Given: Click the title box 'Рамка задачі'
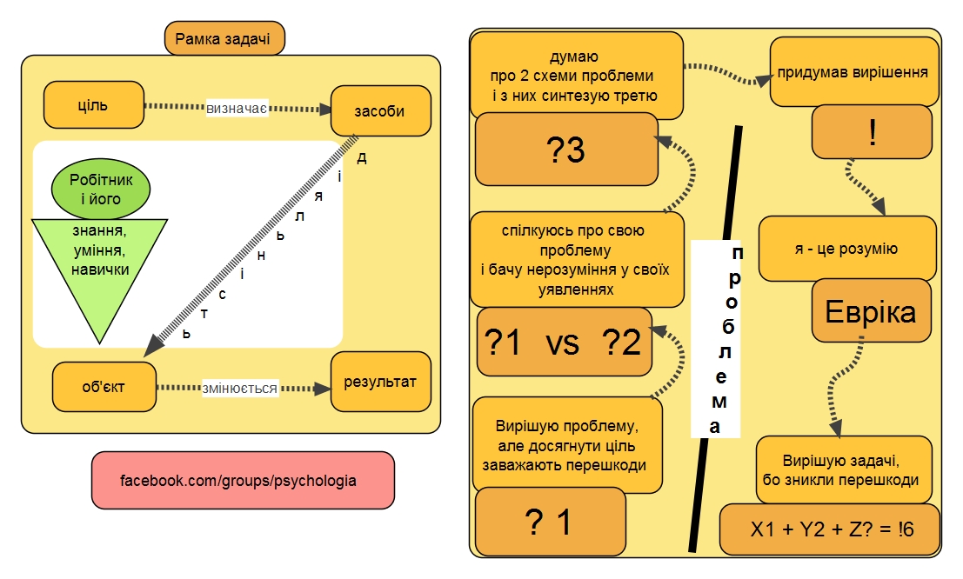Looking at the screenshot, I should (224, 38).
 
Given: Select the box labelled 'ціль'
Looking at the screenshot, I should (93, 105).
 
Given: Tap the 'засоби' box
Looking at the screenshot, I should (380, 110).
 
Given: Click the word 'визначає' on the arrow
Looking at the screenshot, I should (236, 110).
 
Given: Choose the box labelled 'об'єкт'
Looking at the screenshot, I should (104, 387).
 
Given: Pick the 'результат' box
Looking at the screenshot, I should (381, 382).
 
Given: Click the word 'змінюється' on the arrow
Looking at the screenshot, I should (239, 389).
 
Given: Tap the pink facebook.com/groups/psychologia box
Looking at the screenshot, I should (243, 479).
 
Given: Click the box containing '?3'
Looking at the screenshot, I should (565, 150).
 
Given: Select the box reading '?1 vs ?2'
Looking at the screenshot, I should (565, 343).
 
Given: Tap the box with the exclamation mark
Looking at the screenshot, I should (871, 132).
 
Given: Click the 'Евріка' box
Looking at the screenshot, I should (870, 311).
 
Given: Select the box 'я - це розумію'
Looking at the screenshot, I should (846, 249).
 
